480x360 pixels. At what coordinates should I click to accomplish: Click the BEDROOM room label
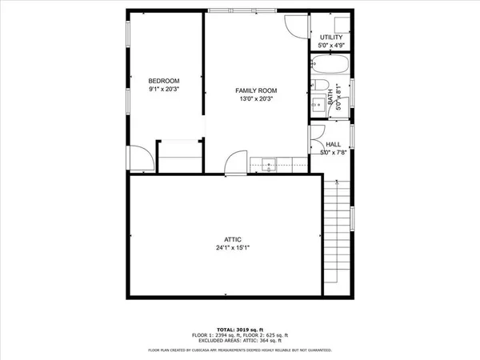coord(164,81)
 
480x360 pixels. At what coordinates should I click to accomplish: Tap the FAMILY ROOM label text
coord(255,90)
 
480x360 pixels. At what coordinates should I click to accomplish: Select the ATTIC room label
coord(233,239)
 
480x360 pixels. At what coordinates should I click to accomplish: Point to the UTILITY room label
coord(331,38)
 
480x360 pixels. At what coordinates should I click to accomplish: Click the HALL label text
coord(333,144)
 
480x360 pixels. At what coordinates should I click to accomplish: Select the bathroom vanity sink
coord(330,99)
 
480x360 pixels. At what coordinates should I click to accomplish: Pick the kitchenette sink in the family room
coord(268,165)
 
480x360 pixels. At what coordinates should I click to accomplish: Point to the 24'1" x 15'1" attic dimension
coord(233,248)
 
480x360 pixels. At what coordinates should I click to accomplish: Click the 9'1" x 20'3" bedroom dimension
coord(164,90)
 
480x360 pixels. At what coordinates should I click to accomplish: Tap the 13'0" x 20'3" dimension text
coord(255,99)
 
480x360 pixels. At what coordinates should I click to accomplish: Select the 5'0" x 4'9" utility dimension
coord(331,46)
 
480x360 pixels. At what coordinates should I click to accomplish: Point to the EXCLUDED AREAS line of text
coord(240,342)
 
